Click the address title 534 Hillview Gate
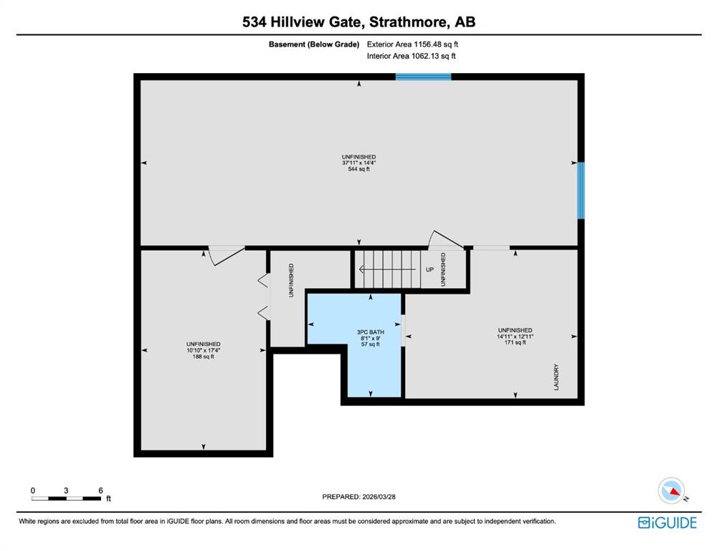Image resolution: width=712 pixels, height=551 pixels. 303,22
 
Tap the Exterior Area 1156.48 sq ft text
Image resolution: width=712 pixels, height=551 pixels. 412,44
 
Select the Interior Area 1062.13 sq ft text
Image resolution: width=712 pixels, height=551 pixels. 411,57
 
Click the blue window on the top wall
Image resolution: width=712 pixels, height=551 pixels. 423,77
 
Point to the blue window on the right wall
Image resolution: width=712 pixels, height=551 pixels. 581,190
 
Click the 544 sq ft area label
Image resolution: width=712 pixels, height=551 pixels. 359,169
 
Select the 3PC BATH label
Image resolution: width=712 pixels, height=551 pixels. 371,332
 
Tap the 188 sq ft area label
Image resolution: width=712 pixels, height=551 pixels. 204,357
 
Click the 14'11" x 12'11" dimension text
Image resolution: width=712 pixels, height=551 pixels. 515,336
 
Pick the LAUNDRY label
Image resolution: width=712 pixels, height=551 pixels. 556,377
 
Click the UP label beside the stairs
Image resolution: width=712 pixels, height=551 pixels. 429,269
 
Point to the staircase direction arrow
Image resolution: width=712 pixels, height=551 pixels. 387,269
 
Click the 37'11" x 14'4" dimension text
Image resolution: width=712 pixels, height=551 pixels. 359,163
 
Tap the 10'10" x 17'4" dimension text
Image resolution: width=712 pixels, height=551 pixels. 204,350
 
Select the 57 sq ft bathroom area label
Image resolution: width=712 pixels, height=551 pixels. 371,344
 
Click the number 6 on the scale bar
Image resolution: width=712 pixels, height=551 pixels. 101,491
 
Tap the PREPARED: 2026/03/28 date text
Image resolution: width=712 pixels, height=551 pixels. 359,497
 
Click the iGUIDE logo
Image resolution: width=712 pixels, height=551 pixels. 667,523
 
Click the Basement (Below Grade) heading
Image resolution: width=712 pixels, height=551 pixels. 314,44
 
